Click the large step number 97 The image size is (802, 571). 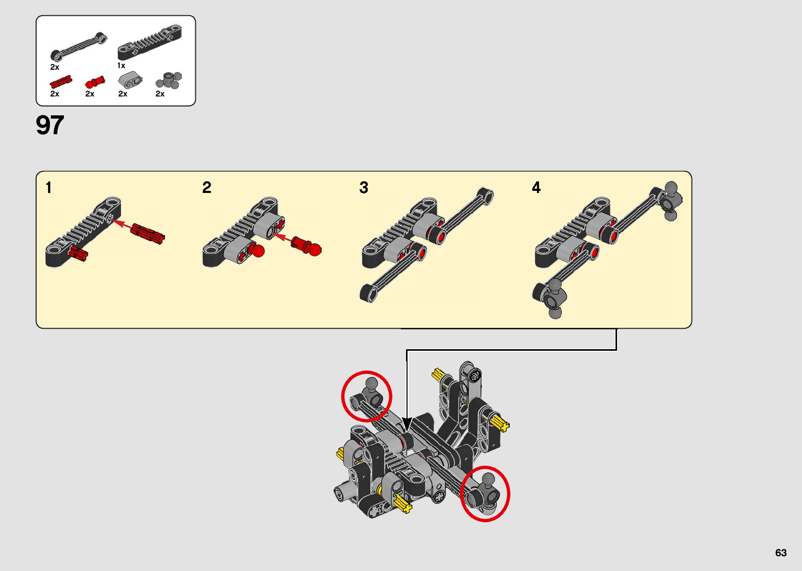coord(50,125)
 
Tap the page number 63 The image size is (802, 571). coord(781,553)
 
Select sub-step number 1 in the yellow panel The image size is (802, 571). coord(49,188)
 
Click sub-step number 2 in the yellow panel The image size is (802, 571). coord(207,188)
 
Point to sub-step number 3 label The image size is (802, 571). coord(364,188)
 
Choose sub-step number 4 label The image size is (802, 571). coord(536,188)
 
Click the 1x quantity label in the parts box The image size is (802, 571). coord(121,66)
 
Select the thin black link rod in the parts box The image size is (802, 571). coord(79,47)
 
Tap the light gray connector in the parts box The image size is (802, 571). coord(130,80)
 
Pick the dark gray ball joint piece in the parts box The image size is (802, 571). coord(169,81)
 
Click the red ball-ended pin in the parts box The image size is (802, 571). coord(94,82)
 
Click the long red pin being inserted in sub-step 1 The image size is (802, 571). coord(148,233)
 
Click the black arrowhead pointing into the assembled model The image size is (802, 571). coord(407,424)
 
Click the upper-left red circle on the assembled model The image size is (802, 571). coord(366,396)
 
